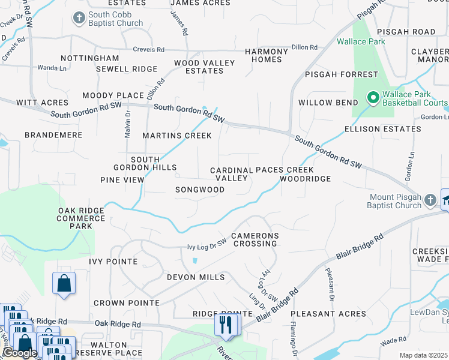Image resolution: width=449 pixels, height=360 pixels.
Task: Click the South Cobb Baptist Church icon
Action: (x=79, y=18)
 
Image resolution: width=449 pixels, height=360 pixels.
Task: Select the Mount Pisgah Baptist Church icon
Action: (x=430, y=200)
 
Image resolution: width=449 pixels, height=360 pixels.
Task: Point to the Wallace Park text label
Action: (x=361, y=42)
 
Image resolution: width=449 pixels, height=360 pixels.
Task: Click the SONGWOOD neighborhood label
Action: (x=199, y=190)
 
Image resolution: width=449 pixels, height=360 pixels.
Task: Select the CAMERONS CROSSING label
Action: (x=255, y=239)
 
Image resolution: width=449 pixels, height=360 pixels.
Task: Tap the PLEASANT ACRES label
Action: (x=328, y=314)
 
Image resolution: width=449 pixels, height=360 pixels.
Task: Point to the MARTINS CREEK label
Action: (x=177, y=136)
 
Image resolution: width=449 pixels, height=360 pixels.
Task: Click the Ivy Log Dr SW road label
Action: (x=207, y=245)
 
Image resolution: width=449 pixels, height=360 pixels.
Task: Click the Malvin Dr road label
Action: (x=128, y=124)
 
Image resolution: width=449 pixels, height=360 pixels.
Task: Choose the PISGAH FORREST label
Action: (x=342, y=75)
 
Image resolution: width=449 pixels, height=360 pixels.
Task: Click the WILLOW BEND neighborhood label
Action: (x=328, y=103)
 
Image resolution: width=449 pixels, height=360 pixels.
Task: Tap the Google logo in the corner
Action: (x=20, y=353)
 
